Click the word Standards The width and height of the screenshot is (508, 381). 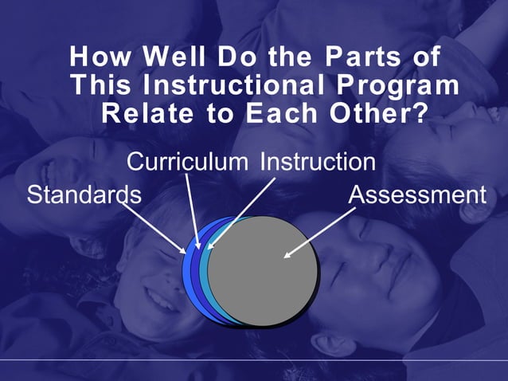(x=84, y=194)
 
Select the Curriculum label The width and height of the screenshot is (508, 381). (x=187, y=163)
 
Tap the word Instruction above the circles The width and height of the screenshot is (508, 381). (x=318, y=163)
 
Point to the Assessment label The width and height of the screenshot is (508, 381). (x=416, y=194)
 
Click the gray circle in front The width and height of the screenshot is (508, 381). (x=263, y=271)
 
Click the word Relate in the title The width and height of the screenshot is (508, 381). (x=147, y=113)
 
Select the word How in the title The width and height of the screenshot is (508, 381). (x=99, y=57)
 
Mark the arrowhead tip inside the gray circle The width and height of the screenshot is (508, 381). (x=286, y=257)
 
